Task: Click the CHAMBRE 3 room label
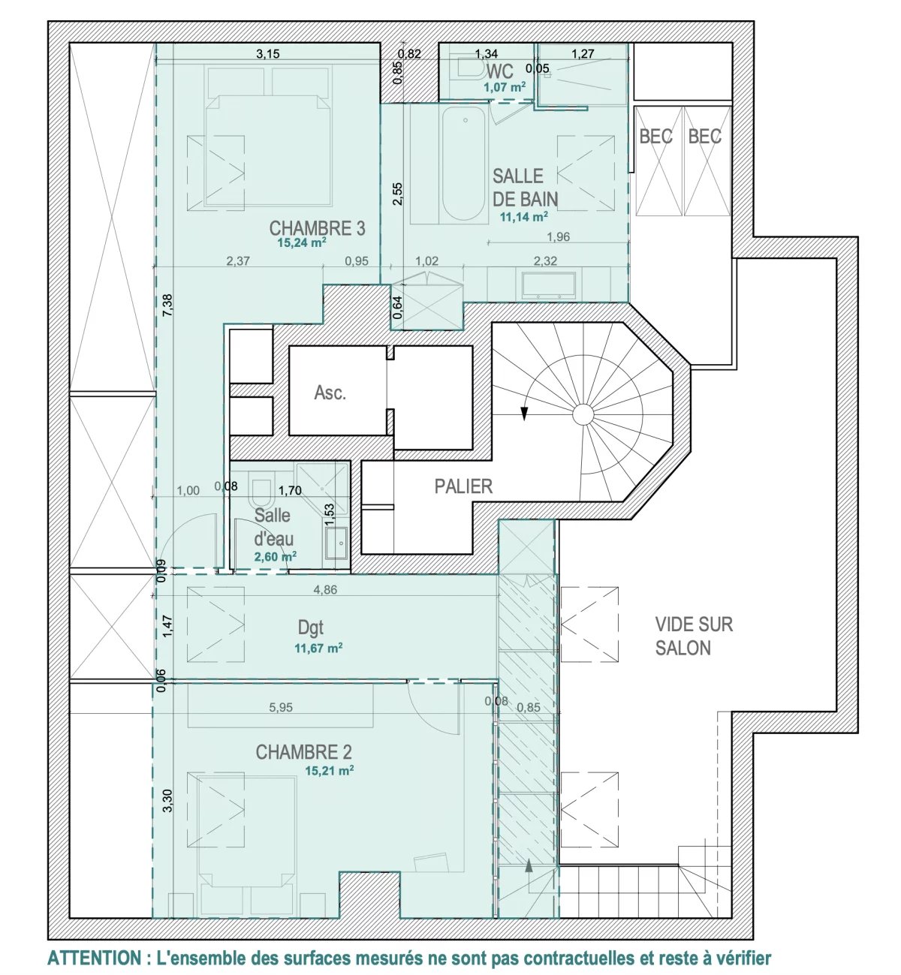click(x=317, y=228)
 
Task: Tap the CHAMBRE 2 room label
click(x=303, y=751)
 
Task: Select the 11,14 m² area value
click(x=523, y=216)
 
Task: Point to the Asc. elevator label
click(x=330, y=393)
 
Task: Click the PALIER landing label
click(x=463, y=486)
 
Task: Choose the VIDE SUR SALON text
click(x=693, y=636)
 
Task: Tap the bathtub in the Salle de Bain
click(x=464, y=164)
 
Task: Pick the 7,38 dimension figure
click(x=167, y=305)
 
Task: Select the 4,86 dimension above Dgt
click(x=325, y=590)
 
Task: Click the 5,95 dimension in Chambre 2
click(x=281, y=708)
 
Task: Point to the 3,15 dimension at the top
click(x=268, y=54)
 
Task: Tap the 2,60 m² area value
click(x=275, y=557)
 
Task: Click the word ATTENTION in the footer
click(x=93, y=958)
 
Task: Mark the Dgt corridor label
click(x=311, y=628)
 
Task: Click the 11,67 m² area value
click(x=318, y=648)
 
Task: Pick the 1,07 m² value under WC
click(x=505, y=88)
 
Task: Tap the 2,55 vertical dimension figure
click(x=397, y=194)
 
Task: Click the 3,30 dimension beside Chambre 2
click(x=167, y=800)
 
